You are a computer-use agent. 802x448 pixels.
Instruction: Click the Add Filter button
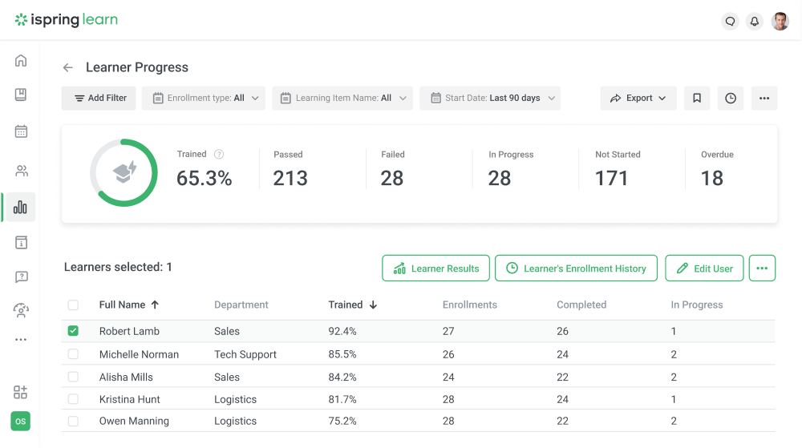click(99, 98)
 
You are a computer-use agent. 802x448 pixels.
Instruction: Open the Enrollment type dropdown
click(205, 98)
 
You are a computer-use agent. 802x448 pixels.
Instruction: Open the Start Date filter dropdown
click(490, 98)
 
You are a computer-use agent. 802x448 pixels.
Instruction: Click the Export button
click(638, 98)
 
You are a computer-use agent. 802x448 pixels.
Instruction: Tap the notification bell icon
click(754, 22)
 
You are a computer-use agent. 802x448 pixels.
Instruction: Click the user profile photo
click(780, 22)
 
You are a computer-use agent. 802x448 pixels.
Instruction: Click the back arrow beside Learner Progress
click(68, 68)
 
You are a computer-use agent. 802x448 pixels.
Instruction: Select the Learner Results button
click(435, 268)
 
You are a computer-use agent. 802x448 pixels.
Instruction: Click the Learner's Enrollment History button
click(576, 268)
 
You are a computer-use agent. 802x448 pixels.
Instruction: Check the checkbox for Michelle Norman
click(73, 354)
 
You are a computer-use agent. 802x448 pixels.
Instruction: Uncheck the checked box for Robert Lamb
click(73, 331)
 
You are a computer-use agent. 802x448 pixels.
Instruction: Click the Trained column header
click(346, 305)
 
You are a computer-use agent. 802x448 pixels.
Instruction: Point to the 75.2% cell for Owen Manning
click(342, 421)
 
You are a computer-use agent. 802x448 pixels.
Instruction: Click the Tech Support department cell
click(245, 354)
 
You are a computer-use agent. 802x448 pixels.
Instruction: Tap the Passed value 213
click(290, 178)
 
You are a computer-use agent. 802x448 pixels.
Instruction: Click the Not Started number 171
click(611, 178)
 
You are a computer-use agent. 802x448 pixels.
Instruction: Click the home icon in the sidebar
click(21, 61)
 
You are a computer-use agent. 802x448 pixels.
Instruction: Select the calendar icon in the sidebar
click(21, 131)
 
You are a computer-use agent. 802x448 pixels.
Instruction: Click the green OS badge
click(20, 421)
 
